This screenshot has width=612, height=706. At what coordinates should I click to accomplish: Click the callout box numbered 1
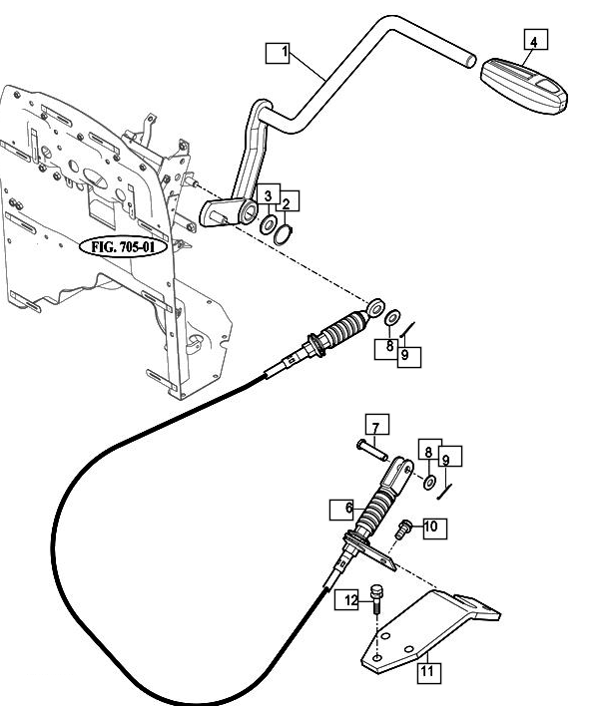(x=278, y=53)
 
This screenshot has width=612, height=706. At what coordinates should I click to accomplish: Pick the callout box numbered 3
(x=267, y=193)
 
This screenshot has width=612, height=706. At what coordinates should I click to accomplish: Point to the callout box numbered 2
(x=287, y=203)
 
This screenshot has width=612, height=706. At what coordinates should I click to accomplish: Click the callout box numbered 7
(x=375, y=429)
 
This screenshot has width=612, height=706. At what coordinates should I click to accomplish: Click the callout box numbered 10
(x=431, y=526)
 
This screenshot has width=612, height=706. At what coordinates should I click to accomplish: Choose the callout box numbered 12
(x=350, y=599)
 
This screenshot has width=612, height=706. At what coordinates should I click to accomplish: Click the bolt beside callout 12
(x=375, y=597)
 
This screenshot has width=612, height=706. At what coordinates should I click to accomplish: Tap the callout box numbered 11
(x=426, y=672)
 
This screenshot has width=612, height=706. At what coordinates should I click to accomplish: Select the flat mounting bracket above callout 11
(x=429, y=623)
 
